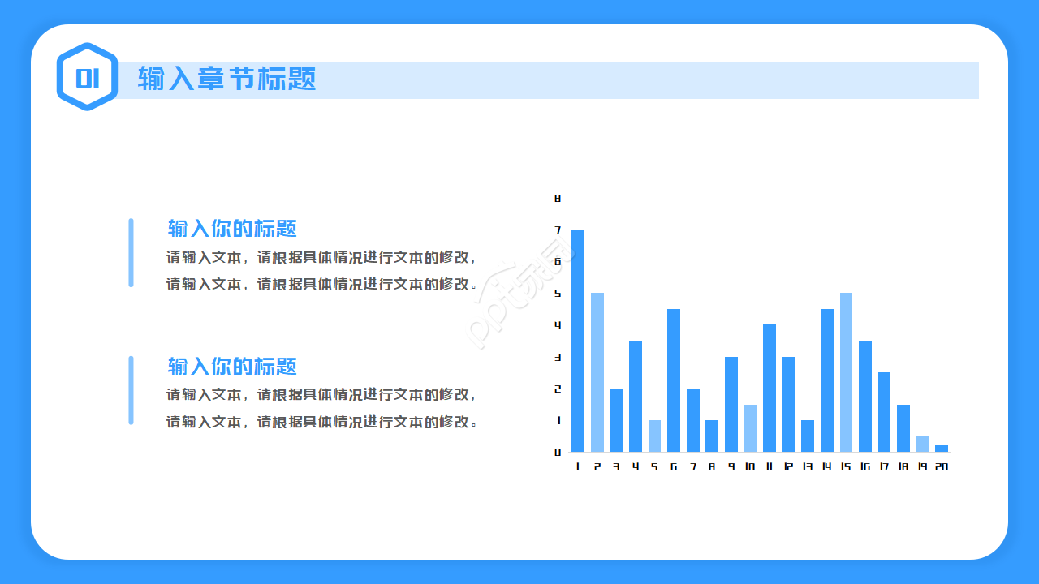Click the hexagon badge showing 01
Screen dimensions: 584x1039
(x=87, y=77)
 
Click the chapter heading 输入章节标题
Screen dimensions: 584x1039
(x=226, y=79)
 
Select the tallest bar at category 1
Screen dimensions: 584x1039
(x=578, y=341)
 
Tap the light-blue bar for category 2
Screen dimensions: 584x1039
(x=597, y=372)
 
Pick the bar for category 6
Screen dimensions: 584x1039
(x=674, y=380)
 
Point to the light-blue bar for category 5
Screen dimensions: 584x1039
(x=654, y=436)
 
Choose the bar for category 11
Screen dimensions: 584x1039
(x=770, y=388)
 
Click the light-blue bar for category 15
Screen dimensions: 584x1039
(x=846, y=372)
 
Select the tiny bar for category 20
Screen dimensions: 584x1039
(x=942, y=449)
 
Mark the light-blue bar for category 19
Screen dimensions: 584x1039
(x=923, y=444)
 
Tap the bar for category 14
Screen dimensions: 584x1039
(x=827, y=380)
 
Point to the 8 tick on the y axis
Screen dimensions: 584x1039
(x=558, y=198)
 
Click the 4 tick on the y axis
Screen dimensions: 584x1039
(x=558, y=325)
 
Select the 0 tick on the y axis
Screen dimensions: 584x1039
(x=558, y=452)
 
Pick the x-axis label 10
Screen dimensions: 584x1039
(x=749, y=466)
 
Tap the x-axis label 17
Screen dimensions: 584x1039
(x=884, y=466)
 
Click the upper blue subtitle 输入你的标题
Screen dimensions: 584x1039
(x=232, y=228)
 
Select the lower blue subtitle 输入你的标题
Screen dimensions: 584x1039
(x=232, y=366)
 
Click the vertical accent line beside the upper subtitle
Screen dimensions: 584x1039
(x=131, y=252)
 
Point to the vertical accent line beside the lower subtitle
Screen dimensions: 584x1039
(x=131, y=390)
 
